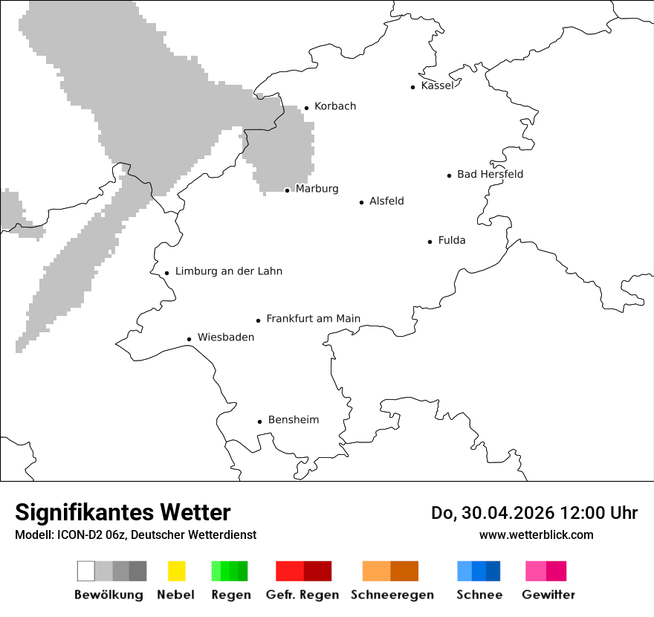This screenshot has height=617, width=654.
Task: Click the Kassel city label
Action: point(437,85)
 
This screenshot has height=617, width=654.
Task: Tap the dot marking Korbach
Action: point(306,108)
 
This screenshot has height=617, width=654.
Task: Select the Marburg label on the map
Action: point(317,189)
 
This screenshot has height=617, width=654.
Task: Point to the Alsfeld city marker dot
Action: point(362,202)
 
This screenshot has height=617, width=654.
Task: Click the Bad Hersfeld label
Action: point(490,174)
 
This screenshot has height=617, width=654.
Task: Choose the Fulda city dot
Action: point(430,242)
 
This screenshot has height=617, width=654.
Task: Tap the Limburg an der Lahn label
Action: point(228,271)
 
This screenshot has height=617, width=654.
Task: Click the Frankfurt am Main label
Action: point(313,319)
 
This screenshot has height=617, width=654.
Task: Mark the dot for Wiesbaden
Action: point(190,339)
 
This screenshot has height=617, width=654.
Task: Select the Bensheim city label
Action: point(293,420)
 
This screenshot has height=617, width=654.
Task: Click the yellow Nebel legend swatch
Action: point(176,571)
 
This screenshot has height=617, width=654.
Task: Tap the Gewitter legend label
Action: point(548,595)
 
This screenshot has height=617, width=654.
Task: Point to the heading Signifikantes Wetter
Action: point(123,512)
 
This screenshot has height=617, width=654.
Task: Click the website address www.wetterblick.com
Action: point(537,535)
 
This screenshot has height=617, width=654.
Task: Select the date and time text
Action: point(534,513)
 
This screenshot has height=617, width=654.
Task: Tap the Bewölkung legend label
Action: point(109,595)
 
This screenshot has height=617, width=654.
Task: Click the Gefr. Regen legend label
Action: point(302,595)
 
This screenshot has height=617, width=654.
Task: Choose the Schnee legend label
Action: point(479,595)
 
